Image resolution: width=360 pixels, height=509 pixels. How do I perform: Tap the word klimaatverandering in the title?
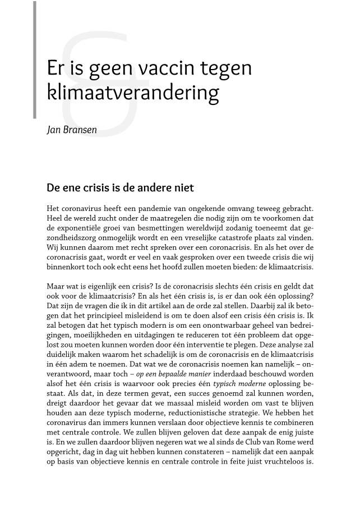tap(133, 92)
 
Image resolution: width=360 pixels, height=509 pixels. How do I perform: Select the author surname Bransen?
tap(80, 130)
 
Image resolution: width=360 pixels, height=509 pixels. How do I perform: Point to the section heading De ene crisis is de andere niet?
tap(120, 187)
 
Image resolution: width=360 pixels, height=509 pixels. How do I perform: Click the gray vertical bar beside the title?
tap(35, 59)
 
